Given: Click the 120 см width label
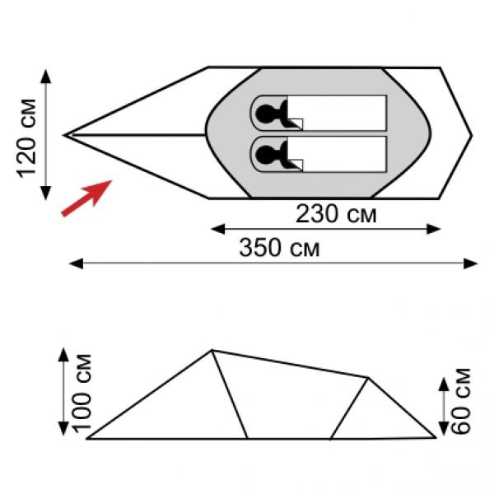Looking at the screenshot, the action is click(26, 138).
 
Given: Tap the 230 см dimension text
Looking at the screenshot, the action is click(336, 214).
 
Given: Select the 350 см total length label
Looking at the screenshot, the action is click(279, 247).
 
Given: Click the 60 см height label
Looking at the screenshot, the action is click(460, 402).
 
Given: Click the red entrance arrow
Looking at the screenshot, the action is click(86, 198).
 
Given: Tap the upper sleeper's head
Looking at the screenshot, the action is click(264, 113).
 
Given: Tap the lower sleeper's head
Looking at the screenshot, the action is click(264, 155).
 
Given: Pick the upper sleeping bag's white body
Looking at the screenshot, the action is click(337, 113).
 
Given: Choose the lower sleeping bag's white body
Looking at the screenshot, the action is click(337, 154).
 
